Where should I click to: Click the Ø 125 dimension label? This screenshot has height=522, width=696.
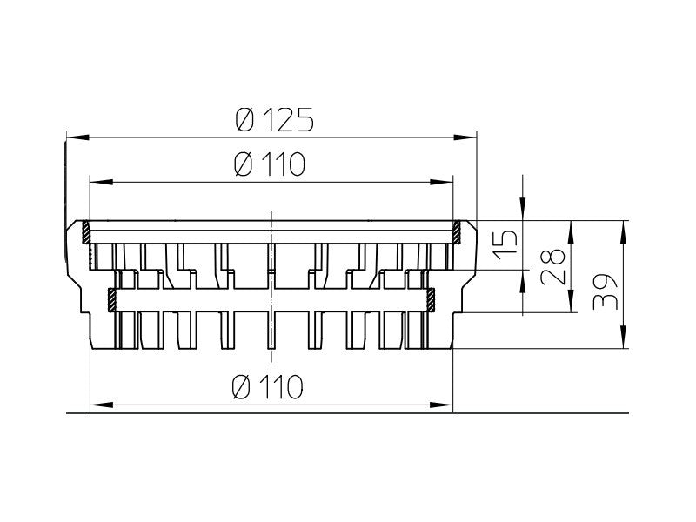click(x=274, y=120)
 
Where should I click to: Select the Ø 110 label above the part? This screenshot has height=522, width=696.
click(x=270, y=164)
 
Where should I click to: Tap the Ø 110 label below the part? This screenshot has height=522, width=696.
click(x=268, y=386)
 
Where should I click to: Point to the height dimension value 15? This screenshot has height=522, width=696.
click(x=505, y=244)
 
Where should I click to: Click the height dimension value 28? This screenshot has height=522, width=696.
click(x=552, y=266)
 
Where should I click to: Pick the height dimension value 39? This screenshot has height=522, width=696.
click(x=605, y=291)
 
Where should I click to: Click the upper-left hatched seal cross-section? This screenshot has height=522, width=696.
click(x=85, y=232)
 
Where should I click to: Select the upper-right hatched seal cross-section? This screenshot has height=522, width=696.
click(x=457, y=232)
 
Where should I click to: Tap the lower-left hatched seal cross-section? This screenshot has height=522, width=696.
click(x=112, y=300)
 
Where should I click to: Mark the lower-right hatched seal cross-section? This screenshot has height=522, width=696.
click(x=430, y=300)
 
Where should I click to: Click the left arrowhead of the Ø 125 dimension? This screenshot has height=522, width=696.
click(x=78, y=137)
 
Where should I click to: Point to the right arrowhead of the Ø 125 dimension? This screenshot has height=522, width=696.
click(x=465, y=137)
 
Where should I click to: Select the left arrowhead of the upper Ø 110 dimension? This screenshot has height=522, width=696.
click(x=101, y=182)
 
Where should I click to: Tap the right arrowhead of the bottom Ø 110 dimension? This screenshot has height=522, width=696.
click(x=441, y=405)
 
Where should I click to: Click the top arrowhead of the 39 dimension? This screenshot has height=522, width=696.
click(x=623, y=231)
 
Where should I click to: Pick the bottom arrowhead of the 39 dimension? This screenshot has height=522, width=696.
click(x=623, y=337)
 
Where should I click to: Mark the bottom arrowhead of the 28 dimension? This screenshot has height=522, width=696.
click(x=572, y=301)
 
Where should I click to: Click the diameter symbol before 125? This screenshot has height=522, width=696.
click(x=244, y=120)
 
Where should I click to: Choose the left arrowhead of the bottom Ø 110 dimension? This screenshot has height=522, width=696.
click(x=101, y=405)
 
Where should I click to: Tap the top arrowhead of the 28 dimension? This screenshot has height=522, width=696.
click(x=572, y=231)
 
